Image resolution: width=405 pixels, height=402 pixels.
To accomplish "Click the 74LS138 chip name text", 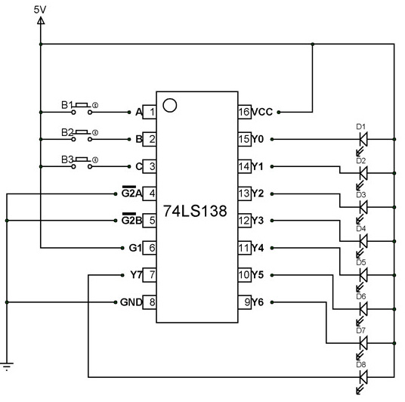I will pyautogui.click(x=195, y=212).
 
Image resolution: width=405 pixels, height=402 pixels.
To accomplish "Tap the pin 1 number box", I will pyautogui.click(x=151, y=113).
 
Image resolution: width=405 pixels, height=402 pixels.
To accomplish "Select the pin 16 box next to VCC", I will pyautogui.click(x=245, y=112).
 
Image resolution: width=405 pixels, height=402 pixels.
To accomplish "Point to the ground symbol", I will pyautogui.click(x=7, y=368).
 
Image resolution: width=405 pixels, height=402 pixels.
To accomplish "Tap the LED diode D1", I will pyautogui.click(x=363, y=139).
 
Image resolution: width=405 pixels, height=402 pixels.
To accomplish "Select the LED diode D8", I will pyautogui.click(x=363, y=376).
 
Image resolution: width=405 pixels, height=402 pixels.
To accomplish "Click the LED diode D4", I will pyautogui.click(x=363, y=241).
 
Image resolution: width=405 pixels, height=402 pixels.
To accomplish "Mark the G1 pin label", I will pyautogui.click(x=135, y=248).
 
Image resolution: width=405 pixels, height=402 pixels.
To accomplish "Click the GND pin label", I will pyautogui.click(x=131, y=302).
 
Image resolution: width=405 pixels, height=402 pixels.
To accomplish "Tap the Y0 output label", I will pyautogui.click(x=260, y=139).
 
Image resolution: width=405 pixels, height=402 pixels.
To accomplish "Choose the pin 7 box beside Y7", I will pyautogui.click(x=151, y=275).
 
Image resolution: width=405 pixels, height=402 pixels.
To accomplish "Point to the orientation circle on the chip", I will pyautogui.click(x=170, y=104).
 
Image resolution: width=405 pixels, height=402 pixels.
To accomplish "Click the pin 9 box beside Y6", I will pyautogui.click(x=245, y=302).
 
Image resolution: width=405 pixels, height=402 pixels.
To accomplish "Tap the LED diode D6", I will pyautogui.click(x=363, y=309).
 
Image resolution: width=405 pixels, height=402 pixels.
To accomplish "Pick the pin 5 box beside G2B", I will pyautogui.click(x=151, y=221).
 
